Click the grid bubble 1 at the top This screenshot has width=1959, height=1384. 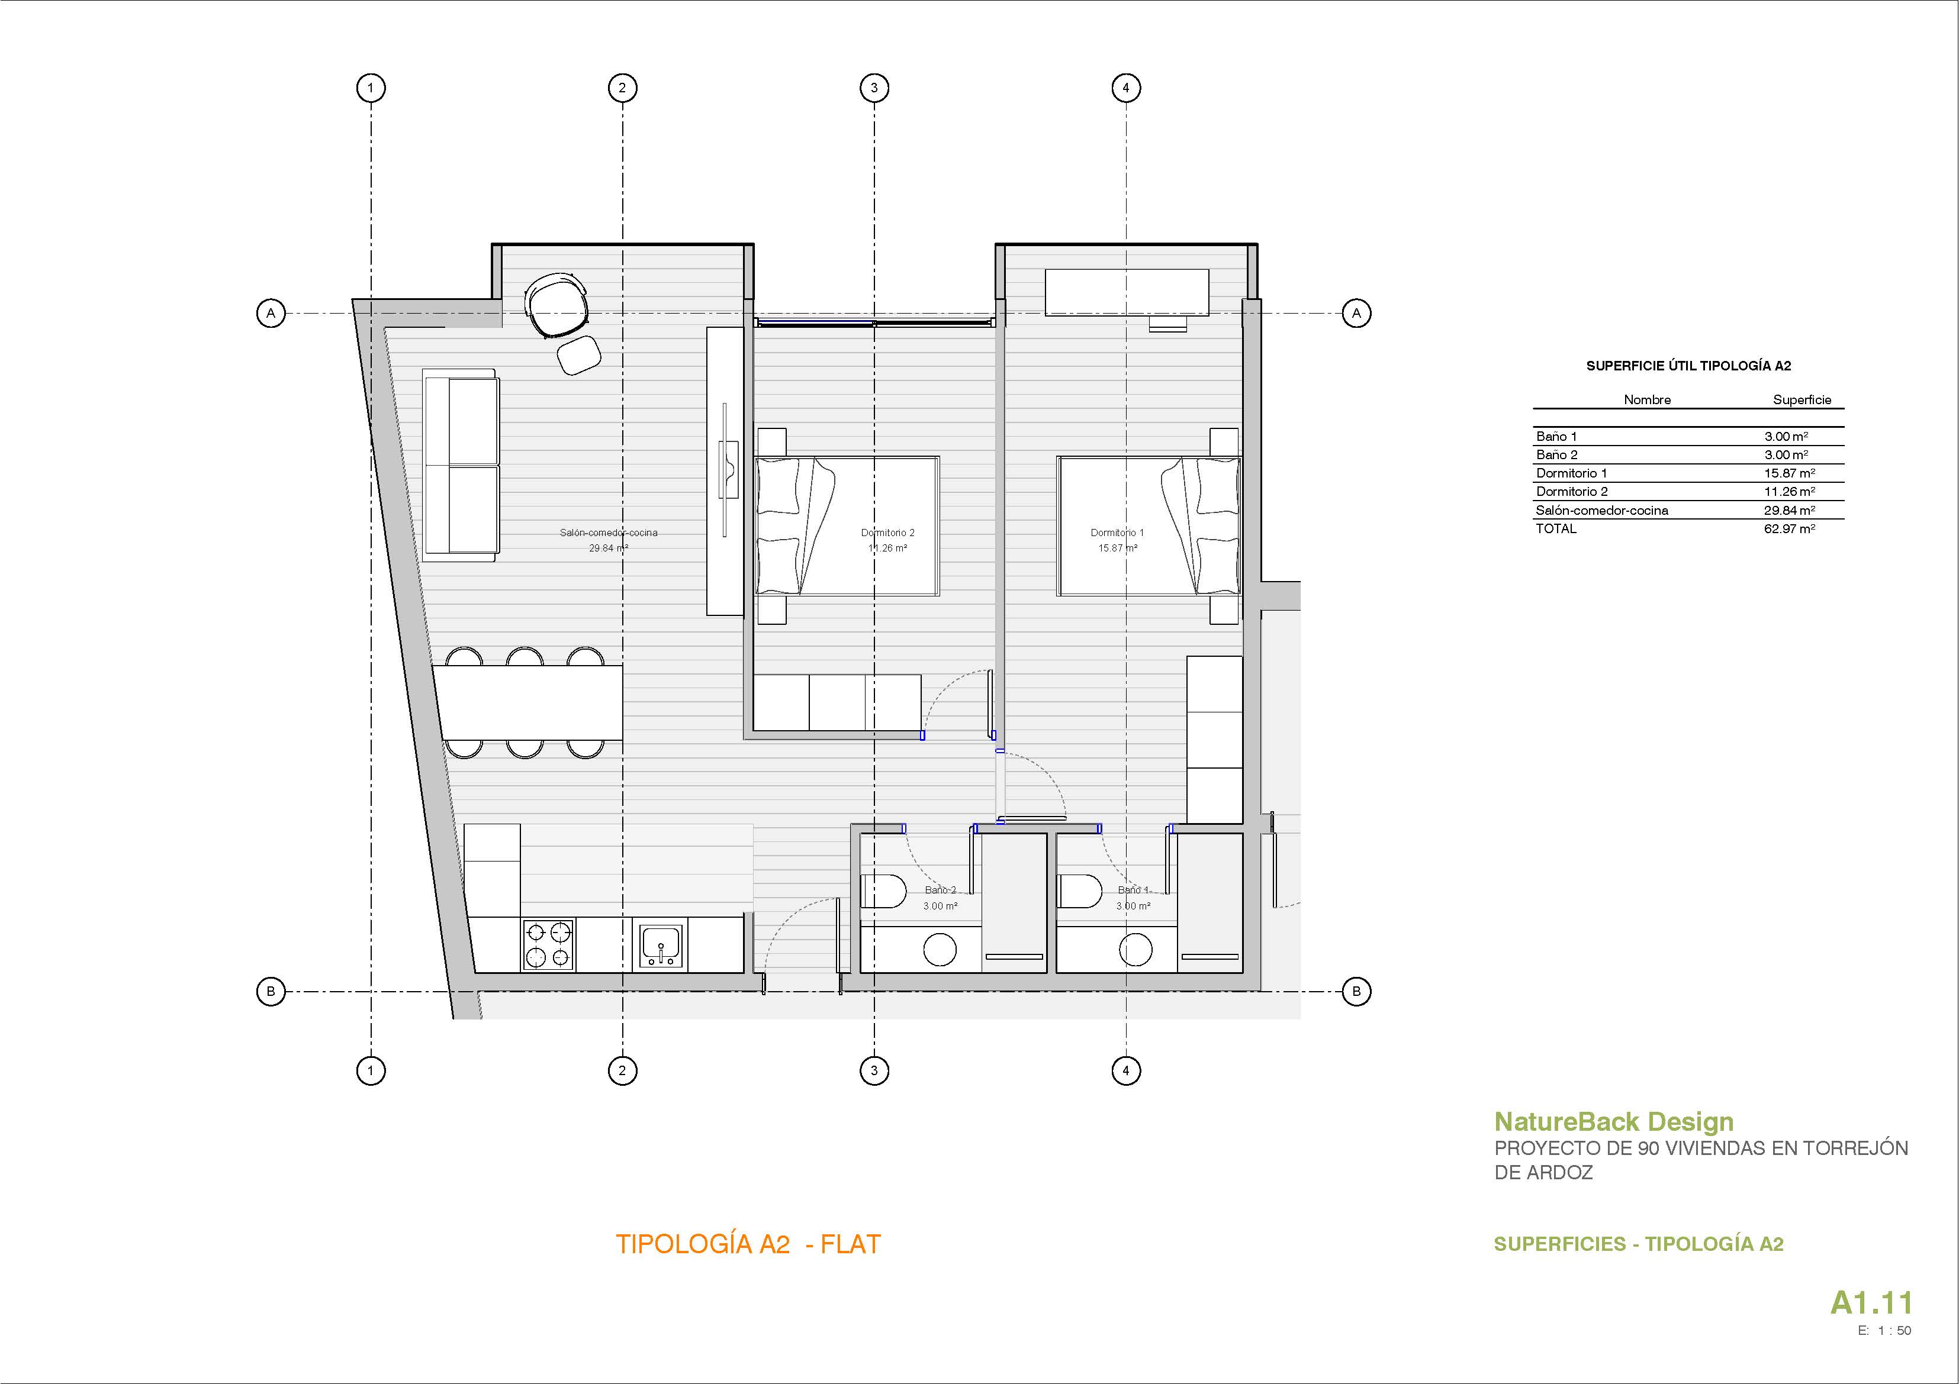coord(370,88)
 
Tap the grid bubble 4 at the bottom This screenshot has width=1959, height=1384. coord(1125,1070)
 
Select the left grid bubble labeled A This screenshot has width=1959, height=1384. coord(271,313)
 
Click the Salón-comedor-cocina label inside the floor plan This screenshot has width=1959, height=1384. coord(609,533)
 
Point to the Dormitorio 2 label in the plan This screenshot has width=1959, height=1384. coord(887,533)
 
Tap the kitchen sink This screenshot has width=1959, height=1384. coord(661,946)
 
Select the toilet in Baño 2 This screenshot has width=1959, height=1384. coord(884,892)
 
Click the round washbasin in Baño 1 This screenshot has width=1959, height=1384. coord(1135,950)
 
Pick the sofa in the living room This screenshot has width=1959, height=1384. coord(461,464)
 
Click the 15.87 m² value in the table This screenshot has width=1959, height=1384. coord(1789,473)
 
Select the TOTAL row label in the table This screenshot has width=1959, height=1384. coord(1556,529)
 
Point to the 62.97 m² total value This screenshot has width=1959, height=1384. coord(1789,529)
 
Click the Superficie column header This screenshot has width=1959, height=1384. coord(1802,400)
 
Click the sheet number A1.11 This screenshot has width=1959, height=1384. coord(1871,1303)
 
